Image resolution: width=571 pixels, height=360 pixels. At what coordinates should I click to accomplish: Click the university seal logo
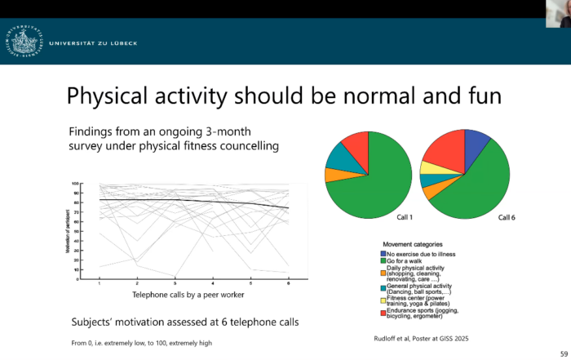coord(23,42)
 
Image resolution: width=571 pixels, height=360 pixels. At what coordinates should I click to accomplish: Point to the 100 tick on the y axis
coord(74,184)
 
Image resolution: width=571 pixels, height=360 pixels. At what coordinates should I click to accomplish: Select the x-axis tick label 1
coord(99,282)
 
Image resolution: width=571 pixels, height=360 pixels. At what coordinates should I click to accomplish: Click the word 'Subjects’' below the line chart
coord(92,322)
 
